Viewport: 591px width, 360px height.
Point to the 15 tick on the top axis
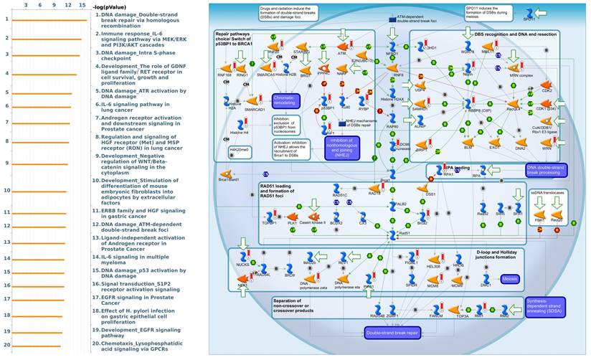[x=82, y=5]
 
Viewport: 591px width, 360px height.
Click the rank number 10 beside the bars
[x=6, y=191]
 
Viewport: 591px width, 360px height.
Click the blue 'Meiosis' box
[x=510, y=278]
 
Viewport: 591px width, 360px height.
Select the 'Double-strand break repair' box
[x=392, y=333]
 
